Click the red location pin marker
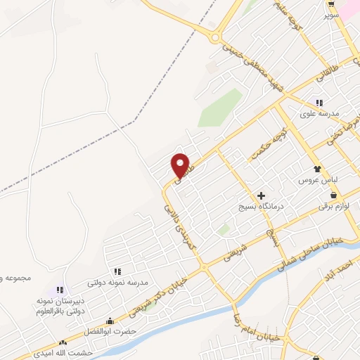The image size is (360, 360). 181,165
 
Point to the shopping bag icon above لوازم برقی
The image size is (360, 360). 333,195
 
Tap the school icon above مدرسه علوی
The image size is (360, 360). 320,102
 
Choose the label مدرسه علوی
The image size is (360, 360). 320,114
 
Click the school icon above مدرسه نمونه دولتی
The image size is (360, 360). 117,271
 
